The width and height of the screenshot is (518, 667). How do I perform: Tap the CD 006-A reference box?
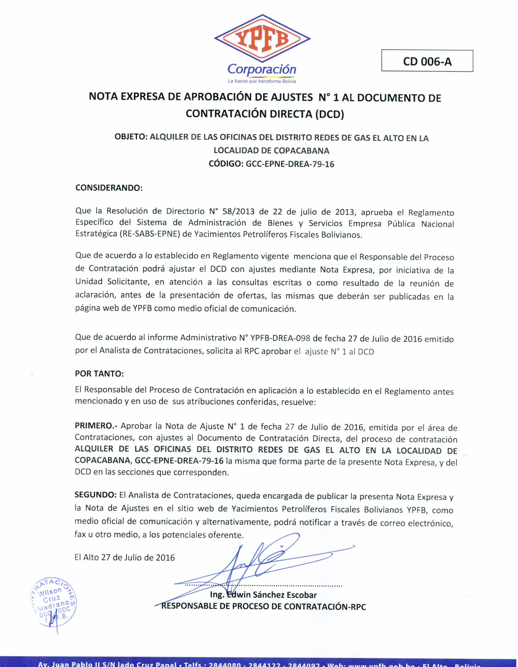tap(427, 61)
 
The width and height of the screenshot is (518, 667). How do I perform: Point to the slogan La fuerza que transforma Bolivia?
tap(262, 81)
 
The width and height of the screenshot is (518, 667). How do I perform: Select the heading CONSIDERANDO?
tap(109, 188)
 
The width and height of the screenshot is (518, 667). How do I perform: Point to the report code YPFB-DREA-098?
tap(280, 338)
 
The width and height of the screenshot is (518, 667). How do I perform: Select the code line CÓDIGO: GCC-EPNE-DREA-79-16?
tap(271, 164)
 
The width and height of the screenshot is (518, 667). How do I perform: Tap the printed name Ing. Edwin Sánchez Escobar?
tap(263, 595)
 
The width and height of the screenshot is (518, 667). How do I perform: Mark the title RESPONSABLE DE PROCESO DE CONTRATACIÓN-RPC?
tap(264, 606)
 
